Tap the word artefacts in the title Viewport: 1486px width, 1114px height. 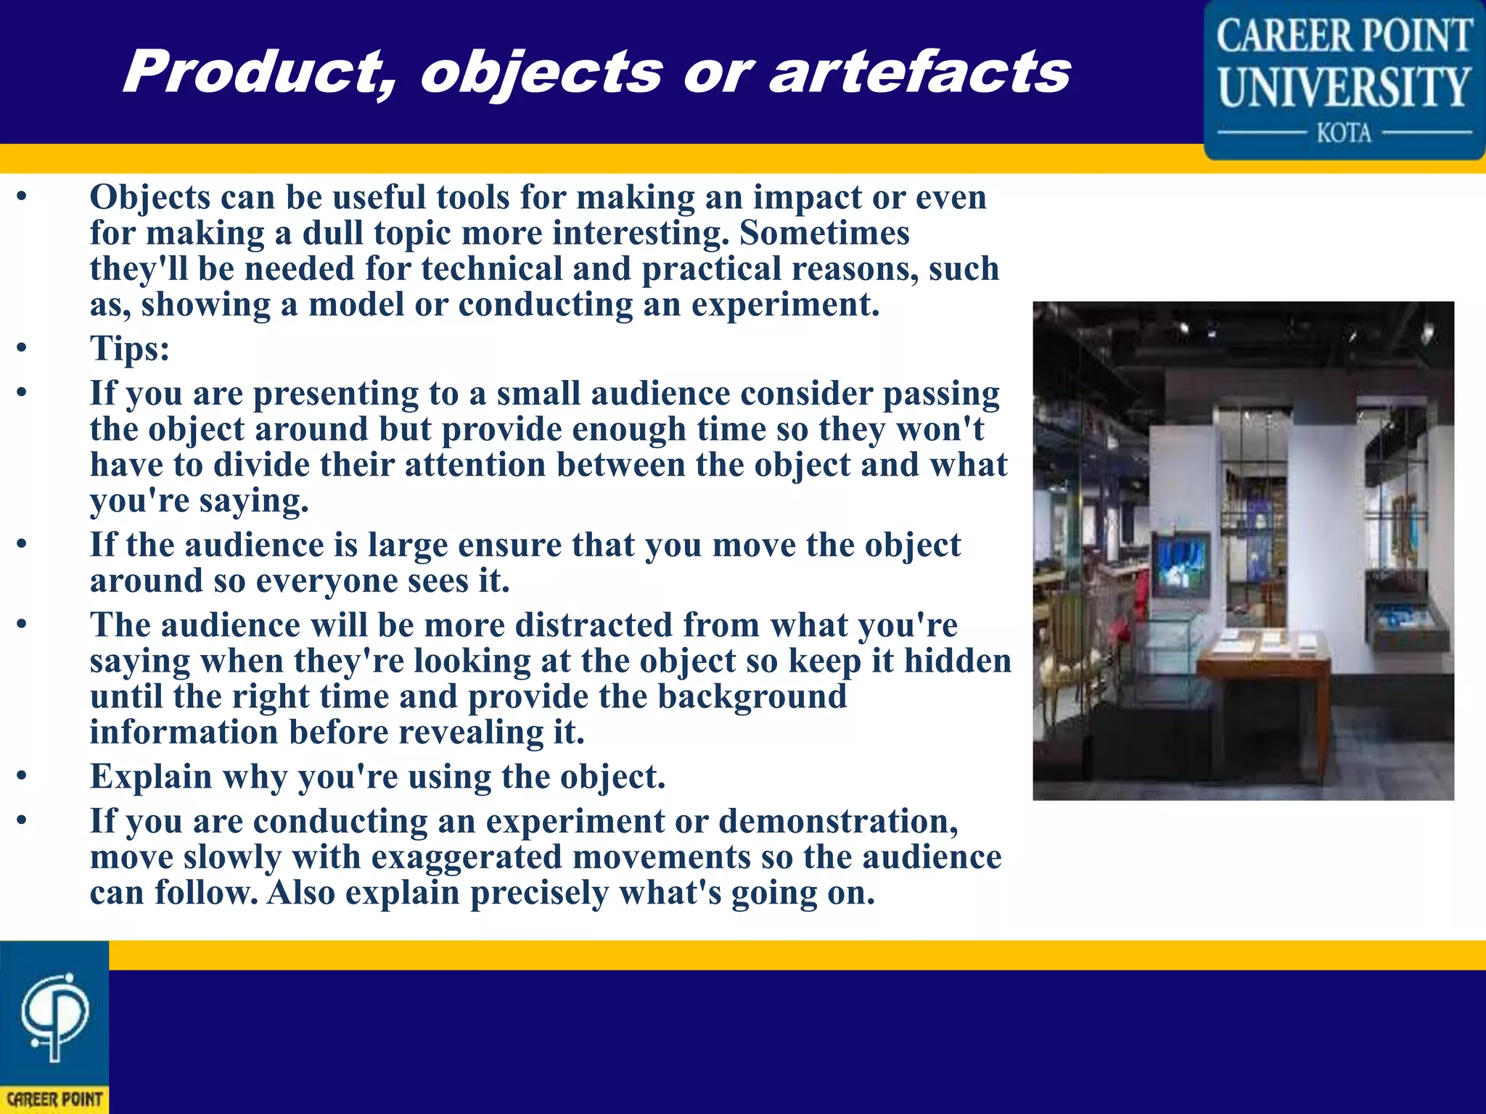tap(919, 73)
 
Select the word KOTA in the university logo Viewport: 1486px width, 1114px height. tap(1344, 133)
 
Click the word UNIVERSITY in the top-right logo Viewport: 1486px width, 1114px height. tap(1344, 87)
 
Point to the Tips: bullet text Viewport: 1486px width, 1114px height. tap(130, 349)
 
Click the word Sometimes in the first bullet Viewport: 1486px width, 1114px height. tap(824, 234)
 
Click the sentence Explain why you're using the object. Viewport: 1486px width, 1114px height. tap(377, 777)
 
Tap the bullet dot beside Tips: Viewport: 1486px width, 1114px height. tap(22, 349)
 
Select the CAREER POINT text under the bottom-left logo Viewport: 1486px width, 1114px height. tap(54, 1099)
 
